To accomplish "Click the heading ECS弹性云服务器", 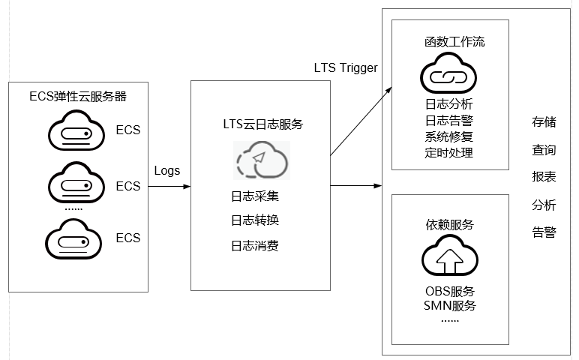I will tap(77, 97).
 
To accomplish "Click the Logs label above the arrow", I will tap(166, 170).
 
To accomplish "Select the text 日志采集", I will tap(255, 196).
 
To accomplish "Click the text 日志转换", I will tap(255, 220).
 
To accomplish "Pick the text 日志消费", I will tap(255, 245).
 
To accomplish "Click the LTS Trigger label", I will tap(346, 68).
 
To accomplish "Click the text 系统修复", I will tap(448, 136).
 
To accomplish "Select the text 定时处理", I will tap(448, 152).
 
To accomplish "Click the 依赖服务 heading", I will tap(449, 225).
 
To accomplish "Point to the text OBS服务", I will tap(449, 291).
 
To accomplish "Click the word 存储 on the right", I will tap(544, 122).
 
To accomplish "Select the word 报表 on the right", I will tap(544, 178).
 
